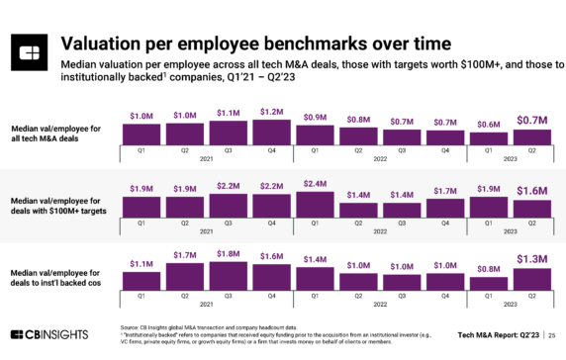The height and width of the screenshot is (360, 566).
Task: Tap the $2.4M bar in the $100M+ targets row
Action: pyautogui.click(x=316, y=203)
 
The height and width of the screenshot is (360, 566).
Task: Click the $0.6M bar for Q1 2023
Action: pyautogui.click(x=488, y=138)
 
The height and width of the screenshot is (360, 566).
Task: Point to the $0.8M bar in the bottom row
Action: pyautogui.click(x=488, y=283)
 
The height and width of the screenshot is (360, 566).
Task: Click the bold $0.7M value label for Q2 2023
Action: pyautogui.click(x=531, y=121)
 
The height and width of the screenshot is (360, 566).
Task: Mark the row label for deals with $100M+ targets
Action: pyautogui.click(x=56, y=205)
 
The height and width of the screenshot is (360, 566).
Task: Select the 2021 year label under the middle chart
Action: pyautogui.click(x=207, y=230)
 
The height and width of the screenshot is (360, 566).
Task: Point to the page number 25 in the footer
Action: pyautogui.click(x=551, y=338)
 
